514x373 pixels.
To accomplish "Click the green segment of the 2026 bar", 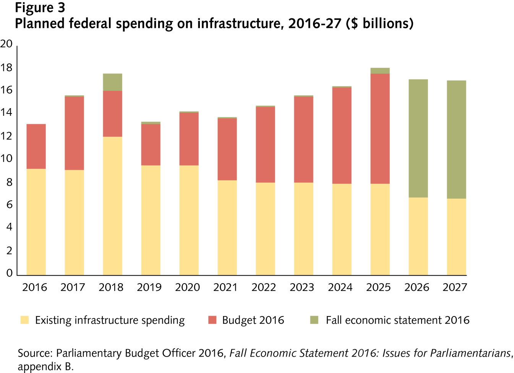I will coord(418,138).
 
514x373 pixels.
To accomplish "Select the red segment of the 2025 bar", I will coord(380,129).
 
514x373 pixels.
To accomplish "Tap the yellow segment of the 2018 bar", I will coord(112,206).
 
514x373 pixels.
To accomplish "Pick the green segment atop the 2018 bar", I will coord(112,82).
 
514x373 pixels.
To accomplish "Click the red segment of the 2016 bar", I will coord(36,146).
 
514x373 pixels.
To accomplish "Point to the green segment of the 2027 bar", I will coord(456,139).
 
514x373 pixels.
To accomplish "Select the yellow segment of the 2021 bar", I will coord(227,227).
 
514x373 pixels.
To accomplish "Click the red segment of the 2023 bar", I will coord(303,139).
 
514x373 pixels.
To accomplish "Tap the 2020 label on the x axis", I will coord(187,287).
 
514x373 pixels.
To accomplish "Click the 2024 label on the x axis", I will coord(340,287).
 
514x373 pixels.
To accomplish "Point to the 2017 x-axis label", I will coord(73,287).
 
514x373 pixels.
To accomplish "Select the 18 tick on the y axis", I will coord(6,68).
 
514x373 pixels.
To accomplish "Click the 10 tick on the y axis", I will coord(6,159).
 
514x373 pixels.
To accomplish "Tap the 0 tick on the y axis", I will coord(9,273).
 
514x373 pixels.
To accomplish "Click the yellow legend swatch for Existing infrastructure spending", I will coord(24,320).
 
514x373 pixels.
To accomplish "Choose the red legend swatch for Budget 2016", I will coord(212,320).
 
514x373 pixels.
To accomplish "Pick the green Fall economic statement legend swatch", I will coord(314,320).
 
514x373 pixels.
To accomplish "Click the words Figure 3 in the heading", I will coord(40,8).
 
